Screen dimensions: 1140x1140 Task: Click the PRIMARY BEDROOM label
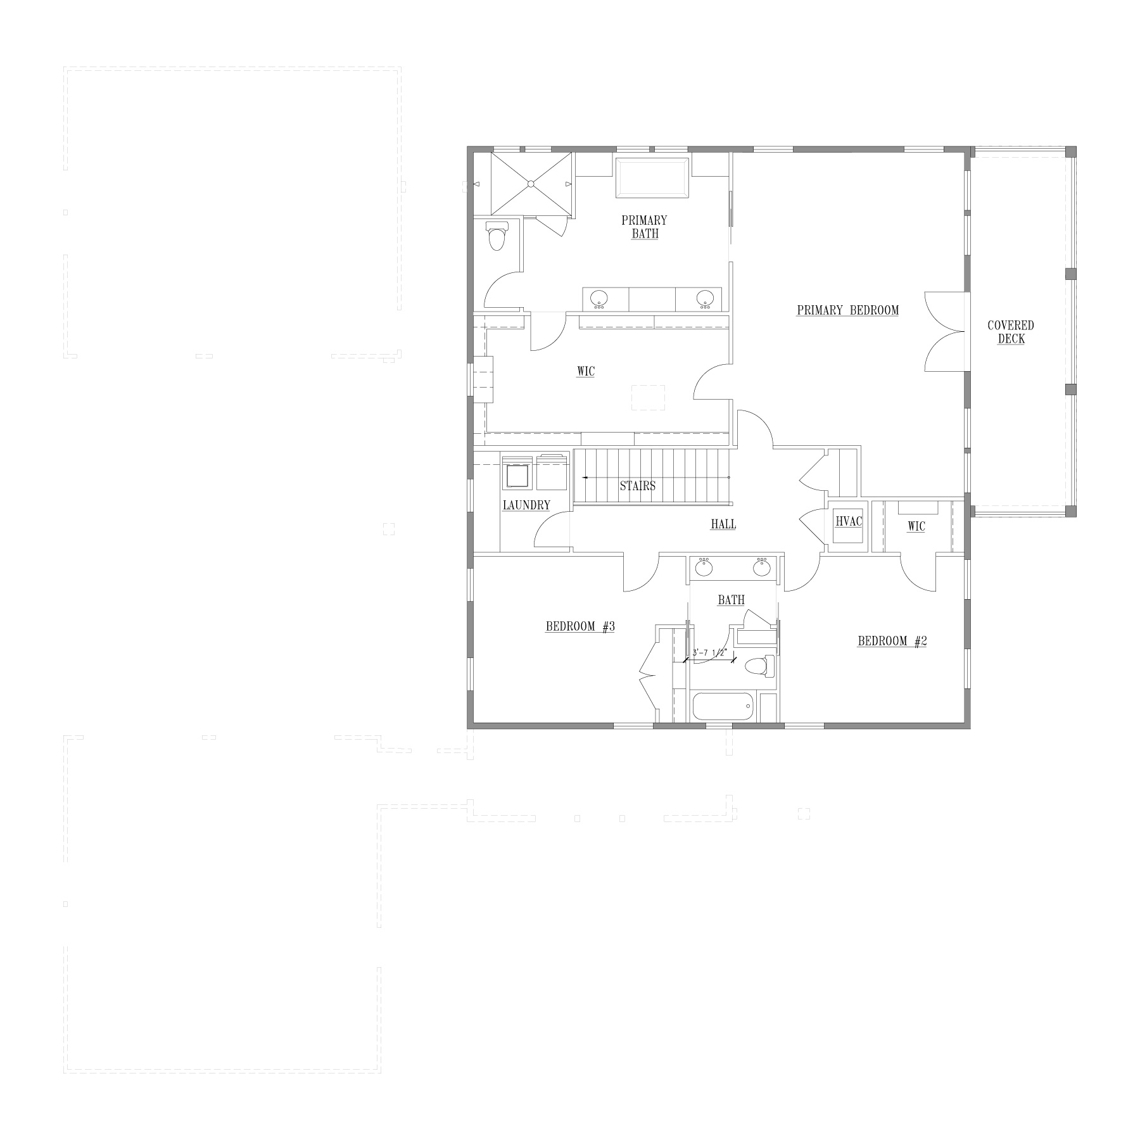click(x=847, y=310)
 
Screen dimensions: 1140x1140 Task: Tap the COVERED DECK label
click(x=1011, y=332)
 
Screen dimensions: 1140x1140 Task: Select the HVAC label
click(x=849, y=521)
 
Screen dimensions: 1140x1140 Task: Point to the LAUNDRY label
click(x=526, y=505)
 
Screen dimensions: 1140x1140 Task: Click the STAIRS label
click(x=638, y=486)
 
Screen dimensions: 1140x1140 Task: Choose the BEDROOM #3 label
click(x=580, y=627)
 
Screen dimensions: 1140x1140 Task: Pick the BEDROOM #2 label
click(x=892, y=641)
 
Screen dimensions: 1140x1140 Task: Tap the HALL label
click(x=723, y=524)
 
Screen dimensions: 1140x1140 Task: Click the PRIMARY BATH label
click(x=644, y=227)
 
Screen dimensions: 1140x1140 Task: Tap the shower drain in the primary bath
click(x=531, y=184)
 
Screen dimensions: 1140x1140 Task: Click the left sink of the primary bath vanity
click(x=599, y=298)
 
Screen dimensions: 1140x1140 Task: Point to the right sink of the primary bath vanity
click(x=706, y=298)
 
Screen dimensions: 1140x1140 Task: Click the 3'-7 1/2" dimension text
click(x=709, y=653)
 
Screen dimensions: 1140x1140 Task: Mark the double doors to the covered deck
click(x=945, y=332)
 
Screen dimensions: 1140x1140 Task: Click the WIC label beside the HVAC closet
click(x=916, y=526)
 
